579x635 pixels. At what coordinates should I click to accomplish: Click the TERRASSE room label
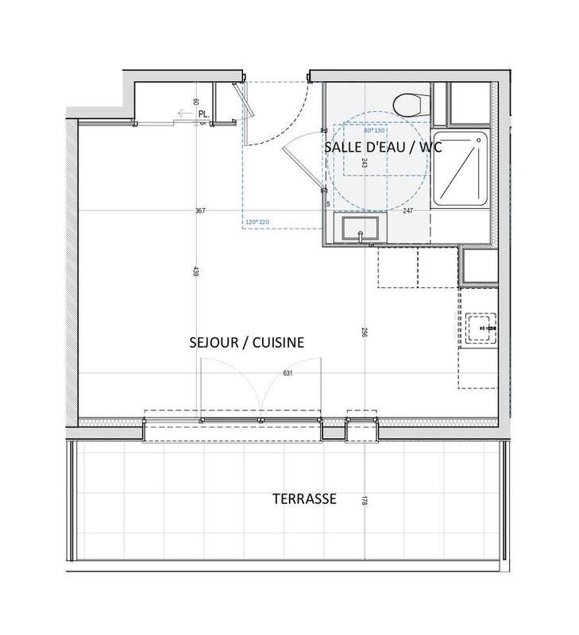click(x=305, y=499)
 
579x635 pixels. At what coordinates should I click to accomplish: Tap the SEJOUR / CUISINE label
click(x=247, y=341)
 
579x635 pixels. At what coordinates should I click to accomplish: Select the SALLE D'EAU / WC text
click(x=383, y=148)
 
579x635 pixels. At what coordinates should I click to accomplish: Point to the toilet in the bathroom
click(x=411, y=105)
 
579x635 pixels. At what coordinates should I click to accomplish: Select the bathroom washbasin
click(x=361, y=229)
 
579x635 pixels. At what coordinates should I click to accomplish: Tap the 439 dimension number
click(x=195, y=271)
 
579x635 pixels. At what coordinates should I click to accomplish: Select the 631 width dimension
click(x=289, y=372)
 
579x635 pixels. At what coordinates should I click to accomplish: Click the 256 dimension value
click(x=365, y=333)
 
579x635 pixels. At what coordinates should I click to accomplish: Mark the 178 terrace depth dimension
click(x=365, y=501)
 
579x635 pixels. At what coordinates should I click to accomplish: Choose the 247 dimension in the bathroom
click(x=409, y=211)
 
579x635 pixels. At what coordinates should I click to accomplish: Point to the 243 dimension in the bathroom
click(x=364, y=163)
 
